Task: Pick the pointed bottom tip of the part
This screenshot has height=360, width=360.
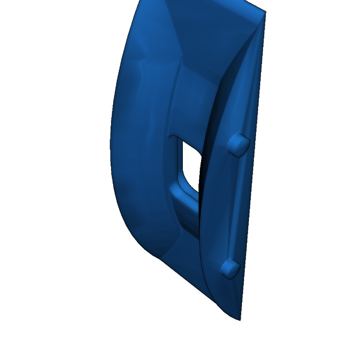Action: click(x=240, y=320)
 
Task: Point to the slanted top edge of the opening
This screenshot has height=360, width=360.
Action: click(x=188, y=144)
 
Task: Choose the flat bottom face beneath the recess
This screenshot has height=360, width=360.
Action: click(x=183, y=260)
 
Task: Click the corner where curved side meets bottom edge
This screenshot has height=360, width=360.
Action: click(x=158, y=258)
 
